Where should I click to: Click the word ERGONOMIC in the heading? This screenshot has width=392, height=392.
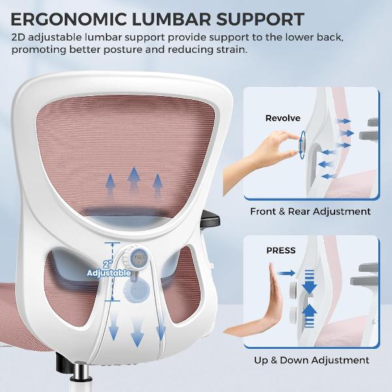pos(69,19)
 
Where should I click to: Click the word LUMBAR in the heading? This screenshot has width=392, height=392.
pos(171,19)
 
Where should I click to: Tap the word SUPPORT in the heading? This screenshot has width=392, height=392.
pos(260,19)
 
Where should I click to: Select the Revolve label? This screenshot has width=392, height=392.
pos(283,118)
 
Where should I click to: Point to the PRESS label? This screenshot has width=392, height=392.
pos(281,250)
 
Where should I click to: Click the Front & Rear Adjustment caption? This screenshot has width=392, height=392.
pos(310,212)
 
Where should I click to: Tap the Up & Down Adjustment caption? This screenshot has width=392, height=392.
pos(312,360)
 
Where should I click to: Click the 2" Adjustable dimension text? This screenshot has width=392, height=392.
pos(108,269)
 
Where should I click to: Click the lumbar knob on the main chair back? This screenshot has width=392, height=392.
pos(139,257)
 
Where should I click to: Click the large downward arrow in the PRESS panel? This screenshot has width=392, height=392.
pos(310,282)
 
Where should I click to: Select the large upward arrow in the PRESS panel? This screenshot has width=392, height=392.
pos(310,315)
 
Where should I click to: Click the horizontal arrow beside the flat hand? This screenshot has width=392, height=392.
pos(287,272)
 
